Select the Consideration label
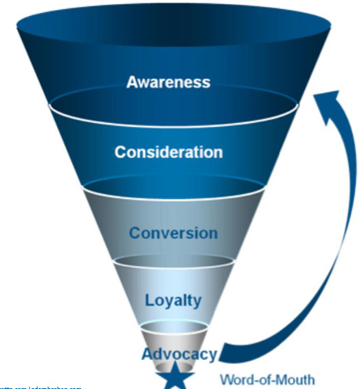167,152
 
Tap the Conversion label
174,233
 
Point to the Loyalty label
172,300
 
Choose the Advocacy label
179,353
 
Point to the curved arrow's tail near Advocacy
231,355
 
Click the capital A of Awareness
133,82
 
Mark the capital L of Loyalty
149,300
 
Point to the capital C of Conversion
135,233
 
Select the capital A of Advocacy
146,353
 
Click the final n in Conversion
213,233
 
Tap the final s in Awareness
206,82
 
